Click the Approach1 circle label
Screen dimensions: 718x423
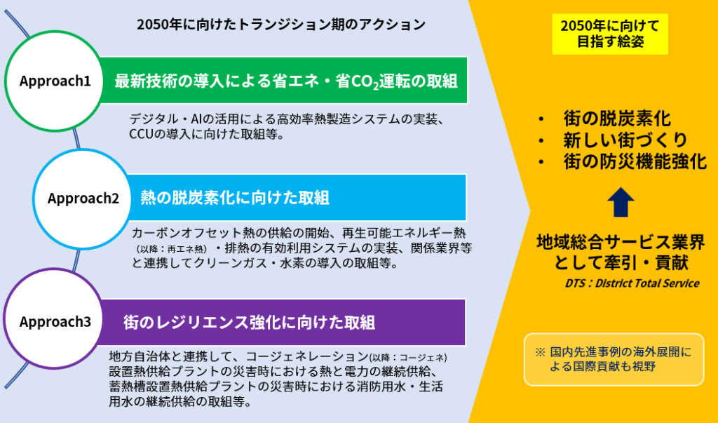tap(55, 81)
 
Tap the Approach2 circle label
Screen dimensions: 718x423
tap(83, 198)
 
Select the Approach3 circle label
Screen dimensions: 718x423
tap(55, 322)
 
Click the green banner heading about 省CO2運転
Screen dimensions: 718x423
tap(286, 81)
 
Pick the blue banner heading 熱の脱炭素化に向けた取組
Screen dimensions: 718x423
tap(235, 198)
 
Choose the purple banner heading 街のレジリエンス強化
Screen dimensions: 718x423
tap(249, 322)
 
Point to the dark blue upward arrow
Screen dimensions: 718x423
tap(621, 202)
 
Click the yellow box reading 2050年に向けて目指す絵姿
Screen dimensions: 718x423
tap(610, 34)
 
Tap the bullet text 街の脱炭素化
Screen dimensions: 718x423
tap(617, 119)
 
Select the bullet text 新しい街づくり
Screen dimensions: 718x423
tap(625, 140)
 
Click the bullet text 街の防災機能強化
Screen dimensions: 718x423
tap(635, 162)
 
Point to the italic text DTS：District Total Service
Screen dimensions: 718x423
tap(632, 283)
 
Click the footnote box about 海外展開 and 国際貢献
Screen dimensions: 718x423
tap(614, 359)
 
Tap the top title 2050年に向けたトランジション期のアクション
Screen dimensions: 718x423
tap(281, 25)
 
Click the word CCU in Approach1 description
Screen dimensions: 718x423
tap(140, 135)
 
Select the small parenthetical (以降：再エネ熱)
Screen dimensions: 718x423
tap(172, 249)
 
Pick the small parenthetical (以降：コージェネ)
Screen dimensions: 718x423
tap(408, 357)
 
